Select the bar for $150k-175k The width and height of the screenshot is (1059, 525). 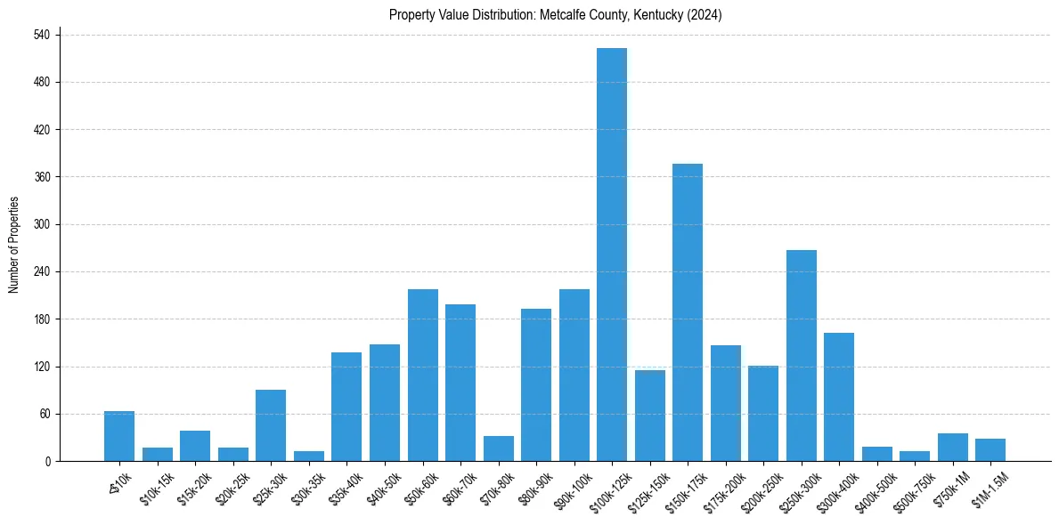click(x=688, y=312)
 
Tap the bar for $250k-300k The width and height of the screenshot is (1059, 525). click(x=802, y=356)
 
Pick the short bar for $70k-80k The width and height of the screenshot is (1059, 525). click(x=498, y=449)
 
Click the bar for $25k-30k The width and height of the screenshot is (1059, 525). click(x=271, y=425)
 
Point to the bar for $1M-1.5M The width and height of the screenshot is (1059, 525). click(x=990, y=450)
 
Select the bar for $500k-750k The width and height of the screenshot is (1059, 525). click(x=915, y=456)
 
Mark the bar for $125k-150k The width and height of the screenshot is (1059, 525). click(x=650, y=416)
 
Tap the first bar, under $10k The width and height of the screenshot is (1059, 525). click(x=119, y=436)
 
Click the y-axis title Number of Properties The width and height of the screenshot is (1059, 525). click(x=14, y=245)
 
